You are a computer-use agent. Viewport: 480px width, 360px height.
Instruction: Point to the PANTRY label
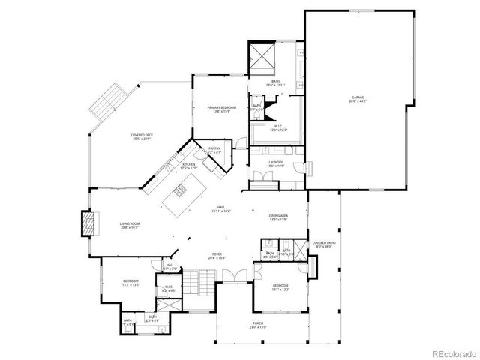[214, 151]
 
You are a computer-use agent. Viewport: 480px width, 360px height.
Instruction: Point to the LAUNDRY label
[277, 163]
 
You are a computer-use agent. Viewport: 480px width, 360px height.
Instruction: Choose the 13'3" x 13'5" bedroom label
[130, 283]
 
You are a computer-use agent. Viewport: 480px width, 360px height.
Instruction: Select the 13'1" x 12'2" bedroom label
[280, 288]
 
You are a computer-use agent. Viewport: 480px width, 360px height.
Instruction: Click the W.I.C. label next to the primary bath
[277, 127]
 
